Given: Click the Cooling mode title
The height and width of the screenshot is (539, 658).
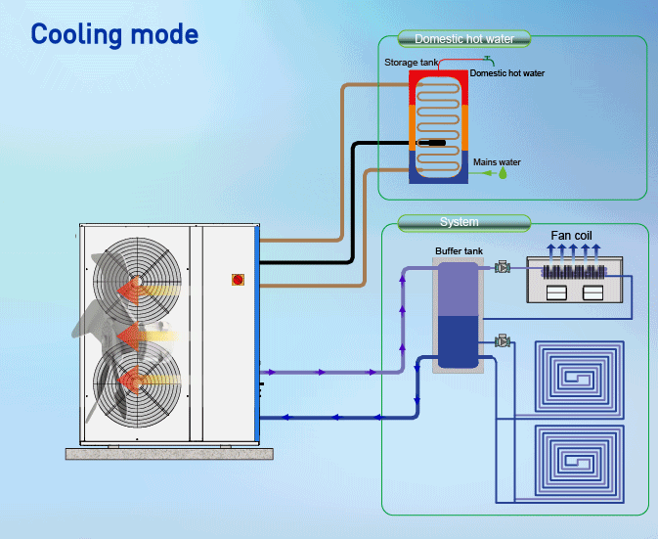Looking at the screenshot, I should click(114, 34).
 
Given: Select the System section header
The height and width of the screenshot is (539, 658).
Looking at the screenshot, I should click(459, 222).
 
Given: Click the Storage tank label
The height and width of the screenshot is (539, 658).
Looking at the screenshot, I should click(410, 63).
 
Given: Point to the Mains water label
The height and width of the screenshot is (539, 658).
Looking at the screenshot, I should click(497, 162).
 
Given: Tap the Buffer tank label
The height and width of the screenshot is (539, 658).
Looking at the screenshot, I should click(458, 251).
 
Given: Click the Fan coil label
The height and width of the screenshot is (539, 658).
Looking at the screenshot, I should click(572, 236).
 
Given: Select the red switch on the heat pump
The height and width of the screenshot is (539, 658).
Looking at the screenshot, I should click(238, 279).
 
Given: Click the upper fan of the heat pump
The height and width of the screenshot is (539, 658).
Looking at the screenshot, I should click(136, 284).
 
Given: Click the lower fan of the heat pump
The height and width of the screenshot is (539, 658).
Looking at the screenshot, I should click(136, 381).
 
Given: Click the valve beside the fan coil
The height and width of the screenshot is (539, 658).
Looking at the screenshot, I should click(503, 267).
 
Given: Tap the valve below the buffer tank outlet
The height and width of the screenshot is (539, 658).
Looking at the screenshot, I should click(503, 341).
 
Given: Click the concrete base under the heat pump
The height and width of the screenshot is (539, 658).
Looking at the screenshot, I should click(169, 453).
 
